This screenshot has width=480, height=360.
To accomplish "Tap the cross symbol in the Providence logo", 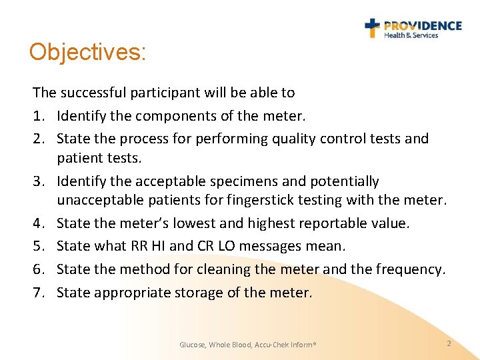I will (x=372, y=27).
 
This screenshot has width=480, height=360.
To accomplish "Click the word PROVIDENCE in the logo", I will (x=423, y=25).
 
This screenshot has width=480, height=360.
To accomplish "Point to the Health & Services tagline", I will (x=411, y=35).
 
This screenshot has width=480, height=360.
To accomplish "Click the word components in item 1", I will (x=167, y=117).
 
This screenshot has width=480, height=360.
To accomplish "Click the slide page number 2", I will (x=449, y=343).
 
